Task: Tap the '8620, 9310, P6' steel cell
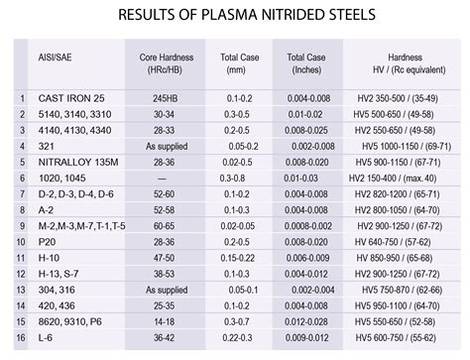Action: click(68, 320)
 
